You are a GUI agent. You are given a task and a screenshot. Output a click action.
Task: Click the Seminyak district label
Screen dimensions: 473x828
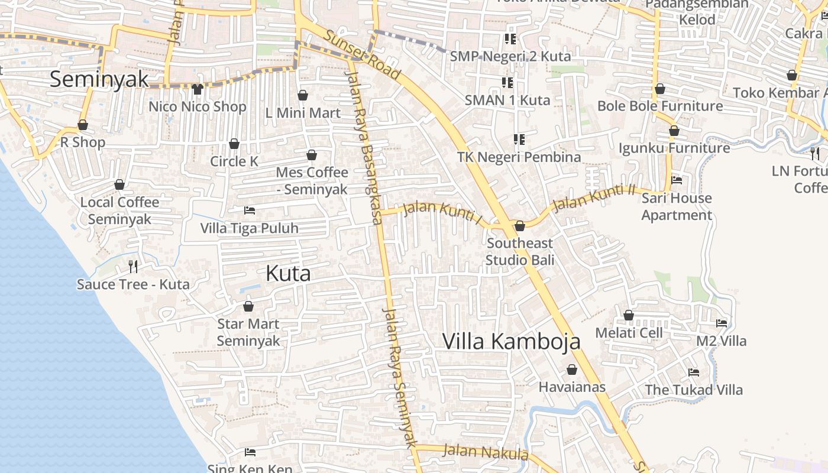99,79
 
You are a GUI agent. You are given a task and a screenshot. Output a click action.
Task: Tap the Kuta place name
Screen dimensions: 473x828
288,273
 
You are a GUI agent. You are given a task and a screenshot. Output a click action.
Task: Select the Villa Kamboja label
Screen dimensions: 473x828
511,341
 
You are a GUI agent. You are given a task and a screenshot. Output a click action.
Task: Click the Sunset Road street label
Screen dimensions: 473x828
363,56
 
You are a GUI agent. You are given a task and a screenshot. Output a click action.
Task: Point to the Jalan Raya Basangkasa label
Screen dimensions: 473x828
363,148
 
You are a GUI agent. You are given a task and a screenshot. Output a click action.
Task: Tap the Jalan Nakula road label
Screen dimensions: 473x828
485,452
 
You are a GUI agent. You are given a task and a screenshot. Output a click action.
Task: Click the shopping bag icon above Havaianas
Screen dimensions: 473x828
572,370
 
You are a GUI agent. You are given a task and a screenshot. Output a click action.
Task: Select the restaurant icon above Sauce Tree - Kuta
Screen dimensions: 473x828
133,267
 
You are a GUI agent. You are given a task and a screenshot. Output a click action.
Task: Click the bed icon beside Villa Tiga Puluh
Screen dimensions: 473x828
250,210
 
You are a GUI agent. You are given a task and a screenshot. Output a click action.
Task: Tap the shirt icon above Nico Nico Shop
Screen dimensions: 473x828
198,89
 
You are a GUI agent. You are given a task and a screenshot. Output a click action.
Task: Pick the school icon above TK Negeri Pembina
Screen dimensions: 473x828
519,140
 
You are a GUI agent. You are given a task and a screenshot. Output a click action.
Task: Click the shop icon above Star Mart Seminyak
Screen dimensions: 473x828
248,306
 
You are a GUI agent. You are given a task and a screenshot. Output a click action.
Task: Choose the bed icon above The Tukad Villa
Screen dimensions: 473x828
694,372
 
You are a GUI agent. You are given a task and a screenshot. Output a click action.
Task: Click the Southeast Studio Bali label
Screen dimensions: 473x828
520,251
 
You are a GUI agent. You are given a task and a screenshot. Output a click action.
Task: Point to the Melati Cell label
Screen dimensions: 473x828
629,333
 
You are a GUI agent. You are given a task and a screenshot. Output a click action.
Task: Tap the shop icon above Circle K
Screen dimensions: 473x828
234,144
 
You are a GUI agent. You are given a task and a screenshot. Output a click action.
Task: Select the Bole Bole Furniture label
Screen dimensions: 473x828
660,106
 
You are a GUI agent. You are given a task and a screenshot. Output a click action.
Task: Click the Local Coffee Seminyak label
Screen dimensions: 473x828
119,210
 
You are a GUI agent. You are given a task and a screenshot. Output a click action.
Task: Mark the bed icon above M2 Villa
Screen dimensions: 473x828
722,323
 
